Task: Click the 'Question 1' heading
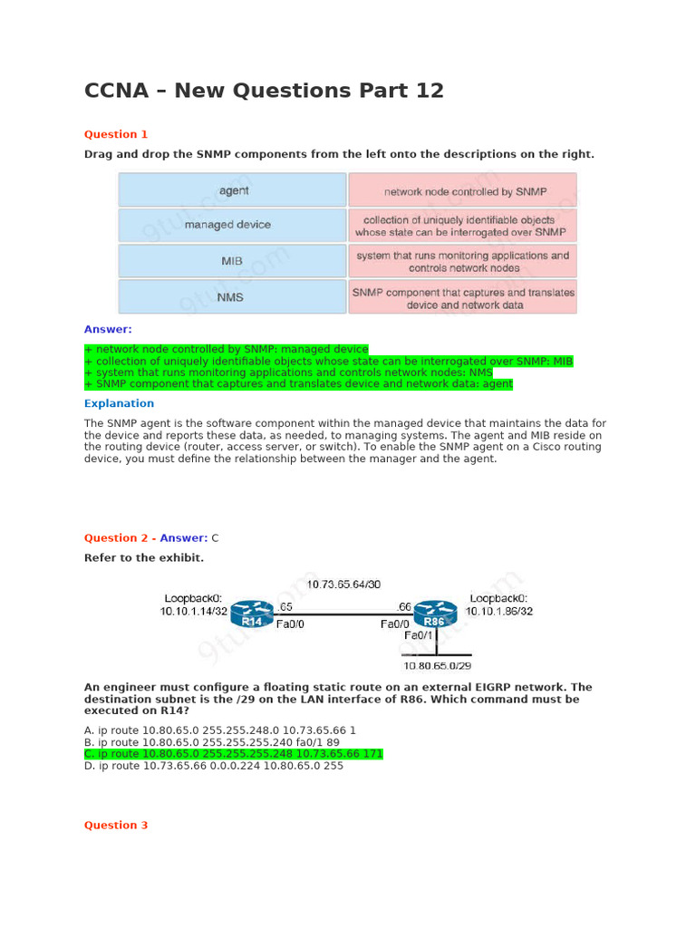[116, 135]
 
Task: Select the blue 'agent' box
[233, 190]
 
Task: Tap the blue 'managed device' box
[233, 225]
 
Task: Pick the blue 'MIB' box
[233, 261]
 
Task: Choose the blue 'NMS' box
[233, 296]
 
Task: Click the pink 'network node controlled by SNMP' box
[462, 191]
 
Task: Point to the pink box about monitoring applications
[462, 262]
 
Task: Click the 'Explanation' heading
[119, 403]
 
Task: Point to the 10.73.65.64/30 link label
[343, 585]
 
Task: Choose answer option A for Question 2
[220, 730]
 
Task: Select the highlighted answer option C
[234, 753]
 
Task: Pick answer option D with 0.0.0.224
[214, 765]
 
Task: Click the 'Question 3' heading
[116, 826]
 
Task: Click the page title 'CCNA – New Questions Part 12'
[264, 91]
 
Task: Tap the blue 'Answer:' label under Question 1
[108, 329]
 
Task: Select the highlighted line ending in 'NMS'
[288, 372]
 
